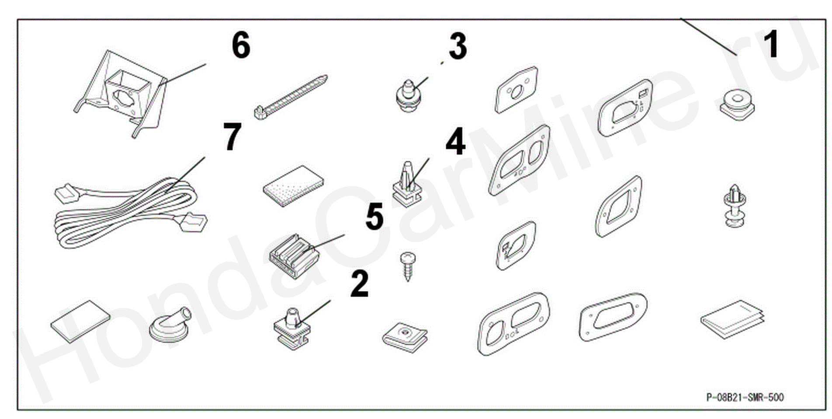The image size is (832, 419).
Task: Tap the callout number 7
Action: click(232, 136)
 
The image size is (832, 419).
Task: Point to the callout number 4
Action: click(455, 142)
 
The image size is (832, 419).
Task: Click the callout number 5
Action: click(375, 216)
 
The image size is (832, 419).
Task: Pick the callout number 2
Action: click(360, 284)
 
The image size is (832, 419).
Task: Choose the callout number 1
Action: click(771, 44)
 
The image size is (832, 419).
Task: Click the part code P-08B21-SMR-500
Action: click(745, 397)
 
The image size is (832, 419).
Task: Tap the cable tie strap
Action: click(290, 97)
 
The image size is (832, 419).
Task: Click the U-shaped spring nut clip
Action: click(405, 336)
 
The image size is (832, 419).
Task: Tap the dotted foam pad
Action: click(293, 186)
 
